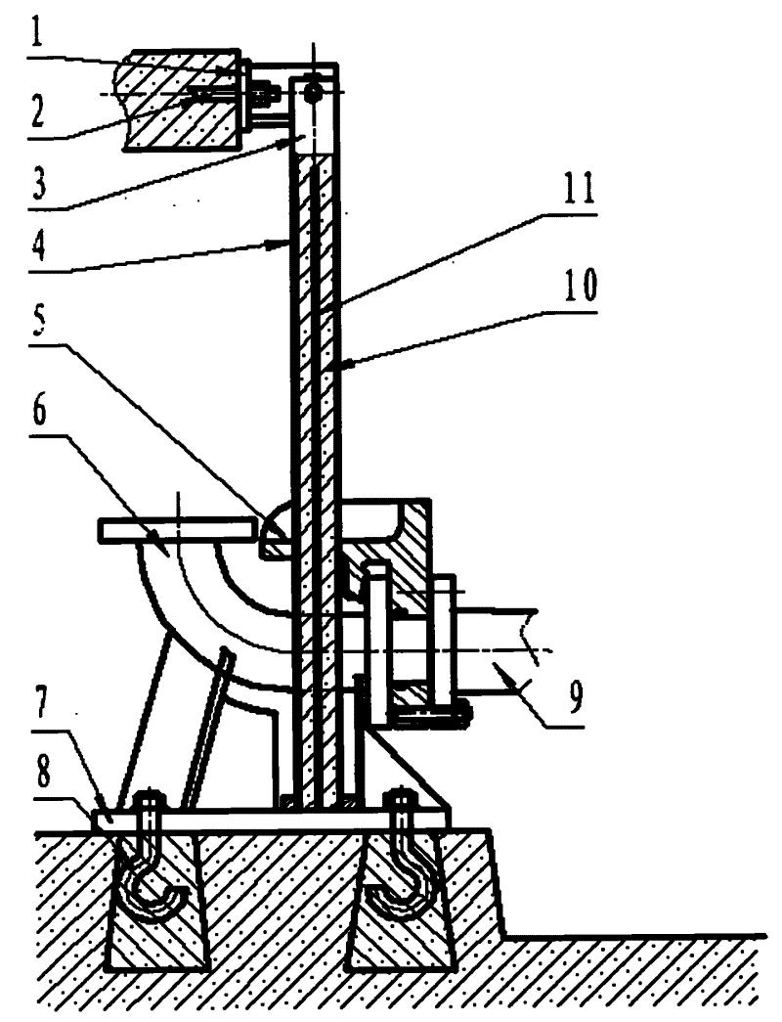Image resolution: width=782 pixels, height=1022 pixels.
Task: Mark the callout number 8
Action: (x=38, y=773)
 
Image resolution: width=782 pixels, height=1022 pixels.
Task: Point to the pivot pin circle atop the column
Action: (x=313, y=92)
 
